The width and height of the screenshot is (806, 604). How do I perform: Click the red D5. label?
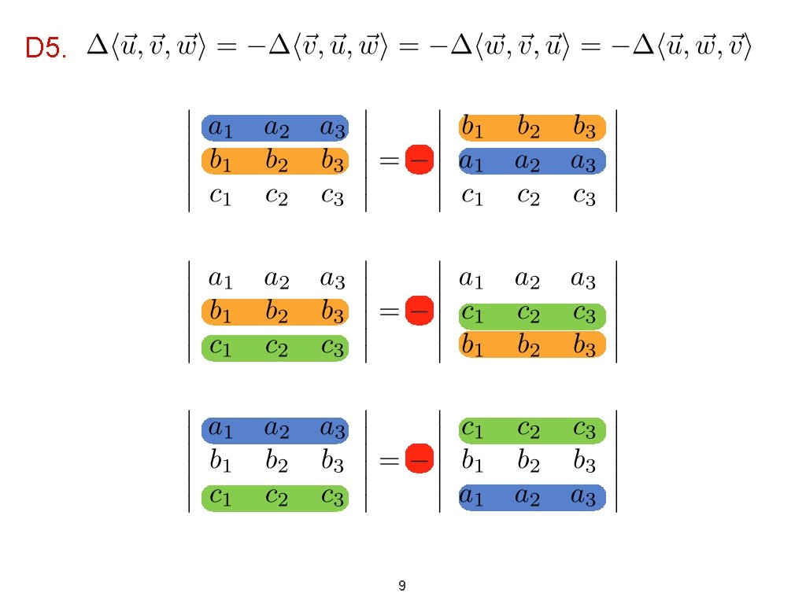point(46,50)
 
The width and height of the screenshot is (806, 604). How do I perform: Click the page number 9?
point(402,585)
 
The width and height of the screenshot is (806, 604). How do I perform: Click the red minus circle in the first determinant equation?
point(418,160)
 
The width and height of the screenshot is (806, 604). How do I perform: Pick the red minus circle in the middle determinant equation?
point(418,311)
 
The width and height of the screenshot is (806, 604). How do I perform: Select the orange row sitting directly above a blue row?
point(531,127)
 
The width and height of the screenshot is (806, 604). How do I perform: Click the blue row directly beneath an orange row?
point(531,161)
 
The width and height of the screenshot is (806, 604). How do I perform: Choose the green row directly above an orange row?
point(531,315)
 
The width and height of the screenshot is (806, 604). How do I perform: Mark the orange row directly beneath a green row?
point(531,344)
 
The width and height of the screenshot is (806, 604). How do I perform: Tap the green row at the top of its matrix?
point(531,430)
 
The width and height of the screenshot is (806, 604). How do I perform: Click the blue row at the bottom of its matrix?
point(531,497)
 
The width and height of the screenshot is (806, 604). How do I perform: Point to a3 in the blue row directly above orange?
point(332,127)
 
